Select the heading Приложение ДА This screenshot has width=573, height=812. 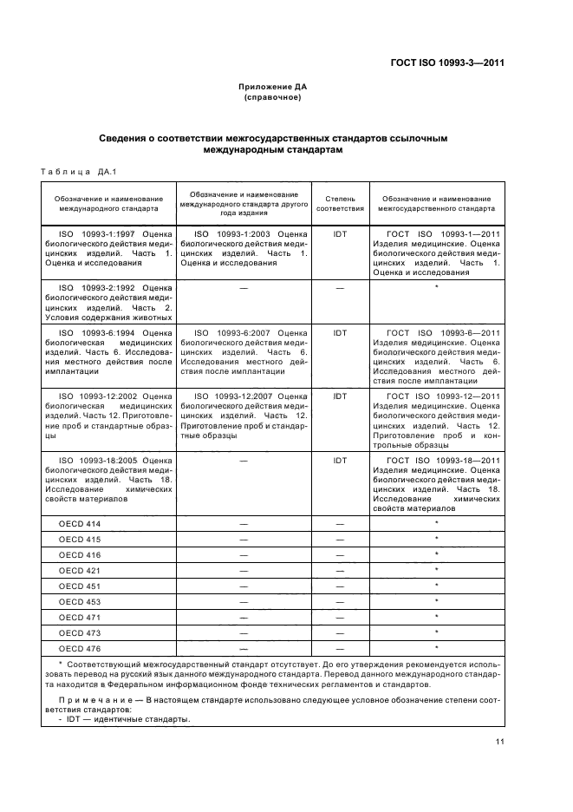272,88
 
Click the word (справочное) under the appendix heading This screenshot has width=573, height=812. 272,97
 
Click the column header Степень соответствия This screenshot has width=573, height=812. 340,203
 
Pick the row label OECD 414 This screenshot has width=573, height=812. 80,523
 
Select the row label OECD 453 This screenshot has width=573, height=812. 80,601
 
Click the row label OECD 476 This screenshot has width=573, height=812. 80,648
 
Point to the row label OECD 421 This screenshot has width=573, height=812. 80,570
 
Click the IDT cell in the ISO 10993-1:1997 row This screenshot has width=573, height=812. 340,234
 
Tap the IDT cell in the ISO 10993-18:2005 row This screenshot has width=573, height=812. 340,461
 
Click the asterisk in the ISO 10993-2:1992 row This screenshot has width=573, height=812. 436,287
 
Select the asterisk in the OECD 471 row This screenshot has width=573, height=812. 436,617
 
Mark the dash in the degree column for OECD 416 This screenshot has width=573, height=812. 340,554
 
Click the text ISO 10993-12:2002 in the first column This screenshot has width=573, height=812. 94,396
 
